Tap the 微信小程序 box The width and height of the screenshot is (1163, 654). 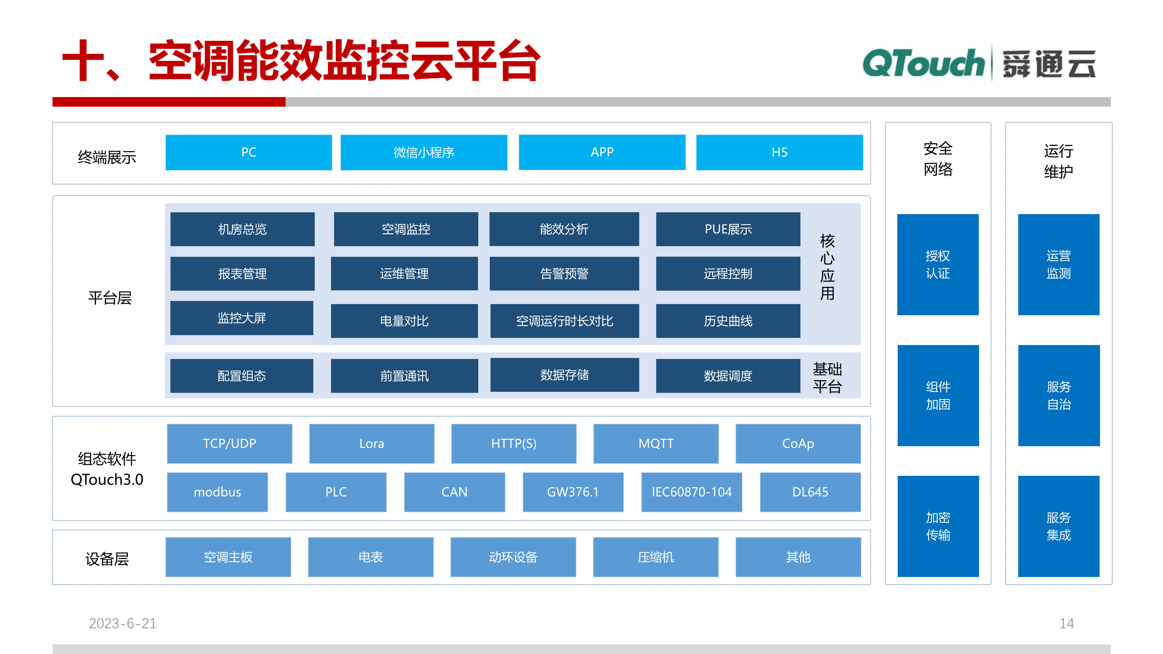424,152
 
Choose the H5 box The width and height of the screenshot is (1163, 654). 779,152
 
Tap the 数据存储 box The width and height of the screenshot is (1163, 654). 564,375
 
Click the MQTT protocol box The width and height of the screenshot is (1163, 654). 656,443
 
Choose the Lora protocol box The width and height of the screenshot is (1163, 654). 372,443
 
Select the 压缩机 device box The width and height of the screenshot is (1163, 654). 656,557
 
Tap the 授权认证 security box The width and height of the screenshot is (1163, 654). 938,265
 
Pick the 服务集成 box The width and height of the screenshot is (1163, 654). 1058,526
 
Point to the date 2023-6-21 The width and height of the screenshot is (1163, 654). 122,623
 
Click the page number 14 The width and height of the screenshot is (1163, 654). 1066,623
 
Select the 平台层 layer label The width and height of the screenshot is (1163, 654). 110,298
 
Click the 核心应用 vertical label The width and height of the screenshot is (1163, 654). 827,267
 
